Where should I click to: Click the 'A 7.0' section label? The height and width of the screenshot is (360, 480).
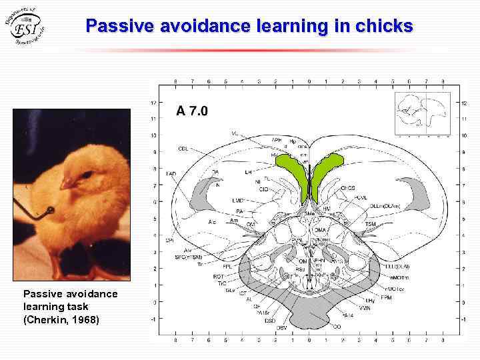pyautogui.click(x=192, y=111)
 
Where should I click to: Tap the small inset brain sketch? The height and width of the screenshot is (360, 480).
pyautogui.click(x=423, y=115)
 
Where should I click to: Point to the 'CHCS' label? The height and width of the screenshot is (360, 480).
pyautogui.click(x=348, y=188)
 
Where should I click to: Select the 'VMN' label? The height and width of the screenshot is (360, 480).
pyautogui.click(x=364, y=309)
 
